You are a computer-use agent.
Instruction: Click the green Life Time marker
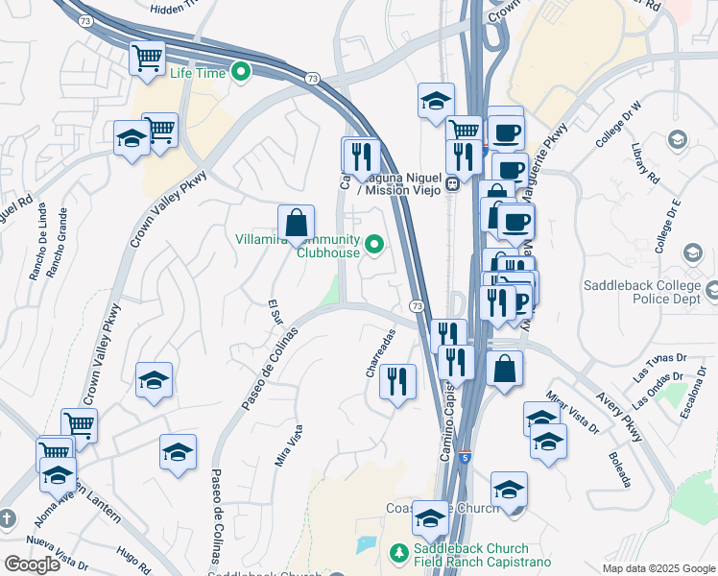click(x=242, y=72)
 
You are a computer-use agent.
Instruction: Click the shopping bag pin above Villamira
click(x=297, y=223)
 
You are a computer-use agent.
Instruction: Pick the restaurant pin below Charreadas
click(x=396, y=382)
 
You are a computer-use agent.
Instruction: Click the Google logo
click(x=32, y=564)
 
